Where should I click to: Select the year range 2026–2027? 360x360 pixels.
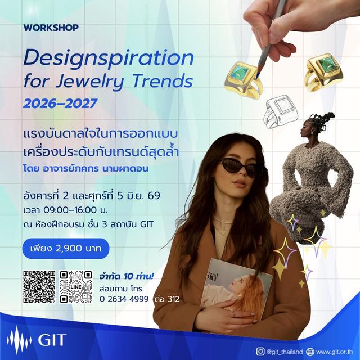pyautogui.click(x=60, y=103)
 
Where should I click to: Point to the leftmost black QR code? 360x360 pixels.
pyautogui.click(x=39, y=287)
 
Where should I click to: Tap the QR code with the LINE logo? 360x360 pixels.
pyautogui.click(x=76, y=287)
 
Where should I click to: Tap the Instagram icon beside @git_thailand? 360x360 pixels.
pyautogui.click(x=260, y=352)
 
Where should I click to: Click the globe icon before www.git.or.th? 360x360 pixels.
pyautogui.click(x=309, y=352)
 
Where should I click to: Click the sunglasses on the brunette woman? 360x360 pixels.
pyautogui.click(x=239, y=165)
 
